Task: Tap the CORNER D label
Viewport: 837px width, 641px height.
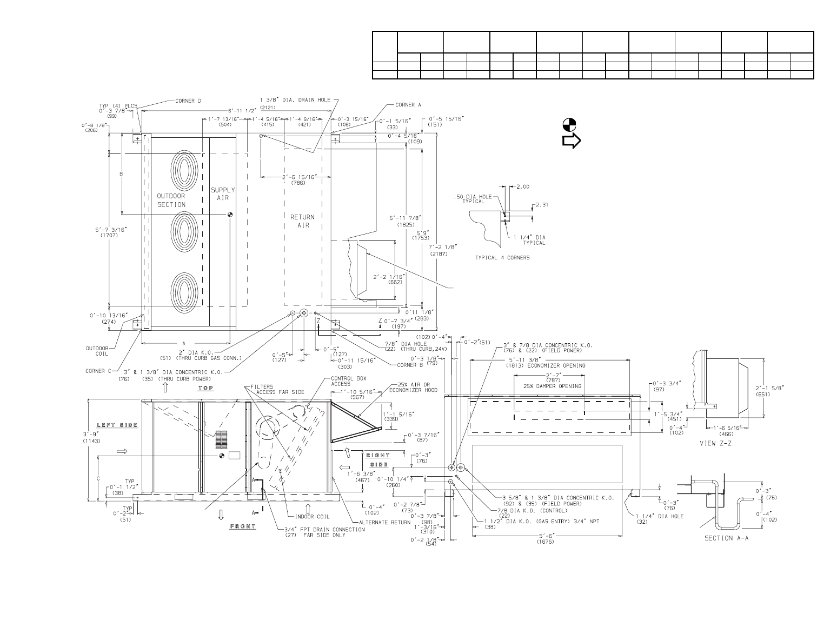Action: (188, 101)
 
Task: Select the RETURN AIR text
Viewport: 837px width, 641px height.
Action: (303, 221)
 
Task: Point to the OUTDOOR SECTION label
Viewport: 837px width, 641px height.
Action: (171, 200)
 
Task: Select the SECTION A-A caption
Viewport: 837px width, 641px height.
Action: (726, 538)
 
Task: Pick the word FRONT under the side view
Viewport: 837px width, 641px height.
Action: (242, 526)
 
